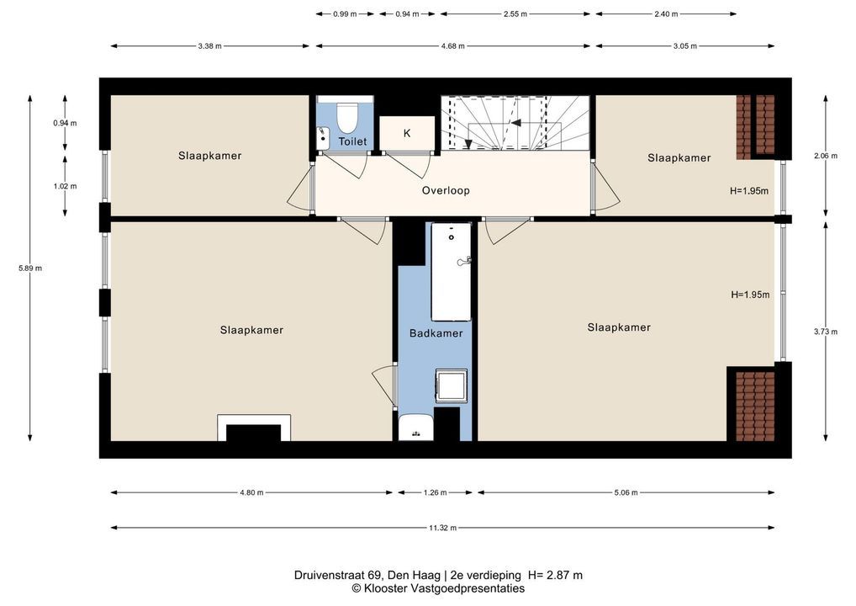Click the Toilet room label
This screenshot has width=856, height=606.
tap(352, 141)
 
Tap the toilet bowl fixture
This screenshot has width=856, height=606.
tap(346, 116)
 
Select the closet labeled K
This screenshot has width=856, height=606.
tap(407, 133)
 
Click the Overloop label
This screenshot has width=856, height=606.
tap(446, 190)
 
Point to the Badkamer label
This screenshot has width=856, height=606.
tap(436, 332)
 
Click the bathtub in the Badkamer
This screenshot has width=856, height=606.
tap(451, 271)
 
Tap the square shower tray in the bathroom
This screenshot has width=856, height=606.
tap(451, 385)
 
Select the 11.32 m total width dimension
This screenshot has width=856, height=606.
tap(442, 528)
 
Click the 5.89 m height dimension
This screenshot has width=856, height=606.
tap(30, 268)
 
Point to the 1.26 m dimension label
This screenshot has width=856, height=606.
tap(435, 492)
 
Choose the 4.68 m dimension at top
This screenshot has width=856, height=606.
tap(453, 46)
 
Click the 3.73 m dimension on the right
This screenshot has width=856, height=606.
tap(826, 331)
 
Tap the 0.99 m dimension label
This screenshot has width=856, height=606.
tap(345, 13)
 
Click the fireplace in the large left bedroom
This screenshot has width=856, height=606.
tap(254, 428)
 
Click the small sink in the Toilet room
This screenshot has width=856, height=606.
tap(323, 137)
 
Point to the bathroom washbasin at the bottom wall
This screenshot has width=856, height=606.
tap(416, 428)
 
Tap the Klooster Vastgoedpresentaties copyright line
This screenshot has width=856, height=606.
tap(438, 588)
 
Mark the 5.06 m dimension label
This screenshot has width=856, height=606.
tap(626, 492)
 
